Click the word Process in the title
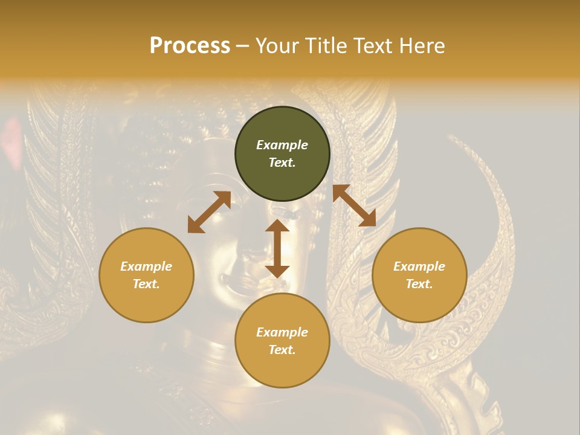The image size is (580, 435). (190, 46)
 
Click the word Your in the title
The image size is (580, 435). (277, 46)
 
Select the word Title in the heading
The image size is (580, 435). (325, 46)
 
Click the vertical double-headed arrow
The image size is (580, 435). (277, 249)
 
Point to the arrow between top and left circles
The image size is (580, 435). (209, 212)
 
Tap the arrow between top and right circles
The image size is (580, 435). (354, 206)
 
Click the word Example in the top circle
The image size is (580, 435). (282, 145)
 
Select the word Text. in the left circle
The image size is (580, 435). (146, 284)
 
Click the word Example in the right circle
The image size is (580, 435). (419, 266)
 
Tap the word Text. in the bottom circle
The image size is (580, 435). (282, 350)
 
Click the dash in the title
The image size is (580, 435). (243, 47)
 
